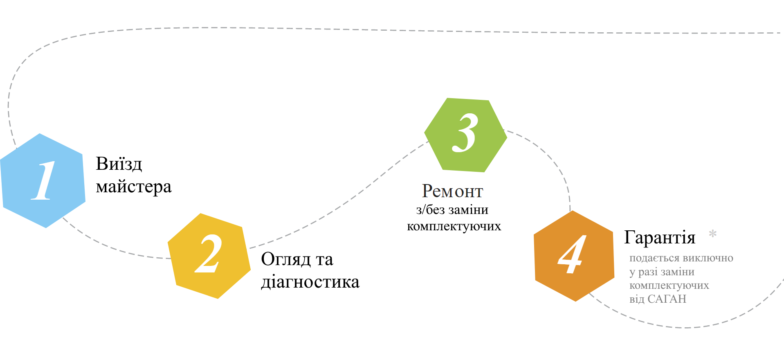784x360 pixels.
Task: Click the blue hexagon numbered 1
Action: point(43,180)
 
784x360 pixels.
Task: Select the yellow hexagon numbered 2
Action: point(209,256)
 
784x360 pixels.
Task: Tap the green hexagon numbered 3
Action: point(465,135)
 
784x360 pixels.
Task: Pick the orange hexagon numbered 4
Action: point(573,256)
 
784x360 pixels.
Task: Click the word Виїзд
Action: point(119,164)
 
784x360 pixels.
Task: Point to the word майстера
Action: point(133,187)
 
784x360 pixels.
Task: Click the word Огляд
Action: point(285,259)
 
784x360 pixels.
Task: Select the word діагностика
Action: point(310,282)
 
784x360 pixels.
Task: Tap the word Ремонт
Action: point(452,191)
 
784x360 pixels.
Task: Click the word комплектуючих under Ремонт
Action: point(454,226)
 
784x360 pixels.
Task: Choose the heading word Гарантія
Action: point(659,238)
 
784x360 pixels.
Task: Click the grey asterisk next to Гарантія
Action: point(712,234)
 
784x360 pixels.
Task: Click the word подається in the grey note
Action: point(654,258)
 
